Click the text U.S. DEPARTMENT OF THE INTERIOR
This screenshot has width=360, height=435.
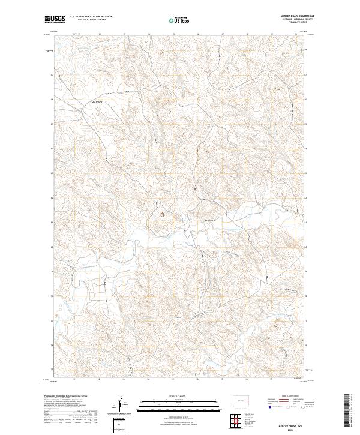click(91, 17)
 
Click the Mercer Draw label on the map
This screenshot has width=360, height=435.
click(211, 220)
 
